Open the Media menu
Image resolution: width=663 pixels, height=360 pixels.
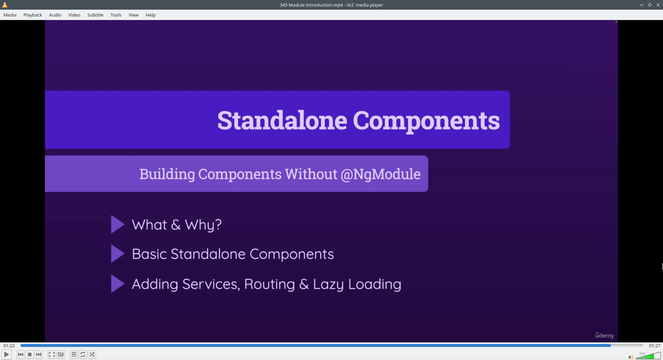[x=10, y=15]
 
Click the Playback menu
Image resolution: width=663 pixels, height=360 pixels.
[x=33, y=15]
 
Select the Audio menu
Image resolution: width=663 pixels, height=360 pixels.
[x=55, y=15]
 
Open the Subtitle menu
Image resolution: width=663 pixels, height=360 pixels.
[x=95, y=15]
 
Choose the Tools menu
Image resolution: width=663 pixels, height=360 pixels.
[x=116, y=15]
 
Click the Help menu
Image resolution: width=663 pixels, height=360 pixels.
[x=151, y=15]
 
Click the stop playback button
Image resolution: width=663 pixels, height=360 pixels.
[x=30, y=354]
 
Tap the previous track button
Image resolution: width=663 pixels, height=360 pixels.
[x=21, y=354]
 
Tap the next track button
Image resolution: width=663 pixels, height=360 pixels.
[x=39, y=354]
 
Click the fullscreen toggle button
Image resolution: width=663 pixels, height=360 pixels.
[x=52, y=354]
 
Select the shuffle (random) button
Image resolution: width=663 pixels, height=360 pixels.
[x=92, y=354]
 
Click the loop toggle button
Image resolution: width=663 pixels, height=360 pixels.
[x=83, y=354]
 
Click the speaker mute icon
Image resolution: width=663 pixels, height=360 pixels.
[x=631, y=357]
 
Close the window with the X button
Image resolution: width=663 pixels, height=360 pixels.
[x=658, y=5]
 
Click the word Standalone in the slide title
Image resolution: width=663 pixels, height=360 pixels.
[x=282, y=120]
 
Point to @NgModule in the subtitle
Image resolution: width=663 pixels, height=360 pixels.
[x=381, y=174]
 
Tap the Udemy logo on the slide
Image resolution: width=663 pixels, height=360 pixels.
[x=605, y=335]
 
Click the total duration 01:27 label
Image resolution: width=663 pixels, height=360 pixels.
[x=655, y=346]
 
